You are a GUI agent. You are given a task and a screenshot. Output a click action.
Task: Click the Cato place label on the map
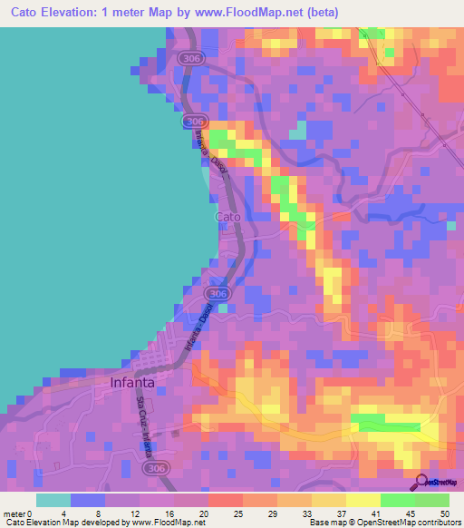(x=227, y=218)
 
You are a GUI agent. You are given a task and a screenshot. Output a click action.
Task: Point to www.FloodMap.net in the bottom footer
(x=163, y=522)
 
